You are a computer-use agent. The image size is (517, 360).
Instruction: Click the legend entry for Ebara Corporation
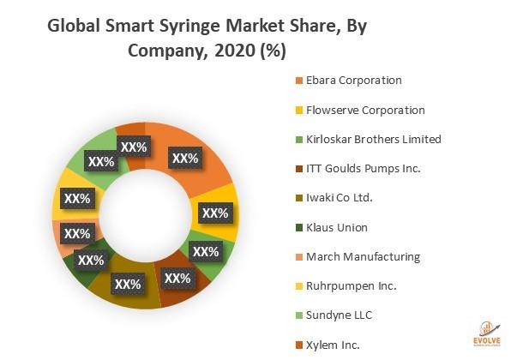pos(347,81)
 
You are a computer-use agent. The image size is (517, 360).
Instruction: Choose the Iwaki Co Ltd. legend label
pos(336,198)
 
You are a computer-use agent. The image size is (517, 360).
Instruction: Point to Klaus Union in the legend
pos(332,227)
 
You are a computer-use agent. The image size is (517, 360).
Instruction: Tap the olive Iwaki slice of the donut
pos(129,291)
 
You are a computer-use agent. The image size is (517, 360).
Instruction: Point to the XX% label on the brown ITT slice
pos(177,278)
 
